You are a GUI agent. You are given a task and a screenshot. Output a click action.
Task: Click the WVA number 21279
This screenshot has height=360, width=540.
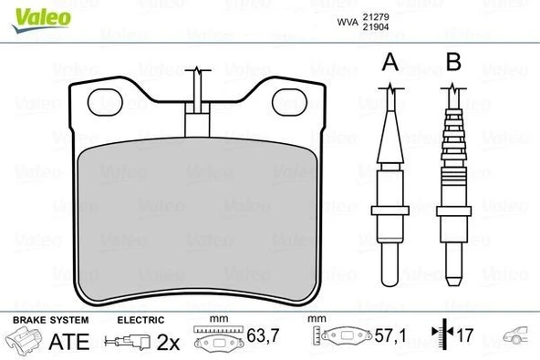(375, 15)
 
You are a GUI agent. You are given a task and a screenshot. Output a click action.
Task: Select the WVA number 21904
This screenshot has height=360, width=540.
(375, 26)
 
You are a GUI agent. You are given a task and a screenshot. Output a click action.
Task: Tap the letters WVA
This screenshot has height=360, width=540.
(347, 21)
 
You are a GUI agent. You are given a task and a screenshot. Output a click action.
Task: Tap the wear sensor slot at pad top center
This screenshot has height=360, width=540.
(198, 118)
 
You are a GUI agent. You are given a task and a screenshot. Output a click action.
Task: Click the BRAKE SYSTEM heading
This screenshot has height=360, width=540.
(50, 321)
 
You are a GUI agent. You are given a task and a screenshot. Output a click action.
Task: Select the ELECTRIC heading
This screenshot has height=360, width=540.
(140, 321)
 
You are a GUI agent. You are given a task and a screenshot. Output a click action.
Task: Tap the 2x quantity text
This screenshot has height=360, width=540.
(170, 343)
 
